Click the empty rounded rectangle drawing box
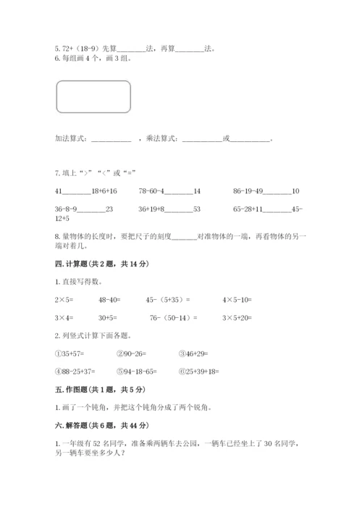click(x=93, y=97)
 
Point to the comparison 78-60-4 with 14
click(x=169, y=191)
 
